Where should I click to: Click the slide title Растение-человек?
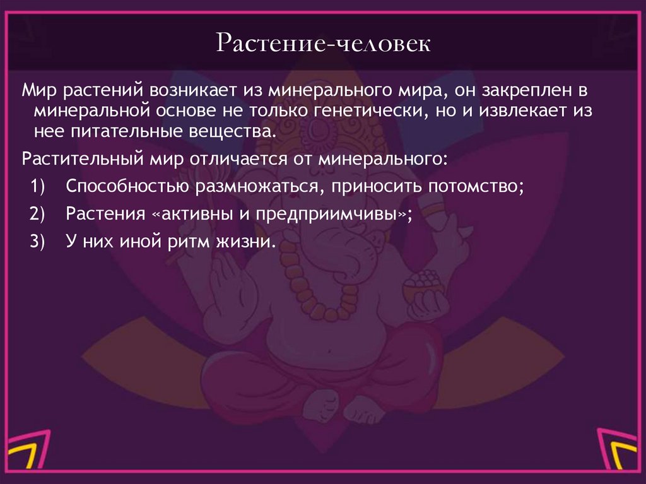324,45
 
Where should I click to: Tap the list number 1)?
36,187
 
